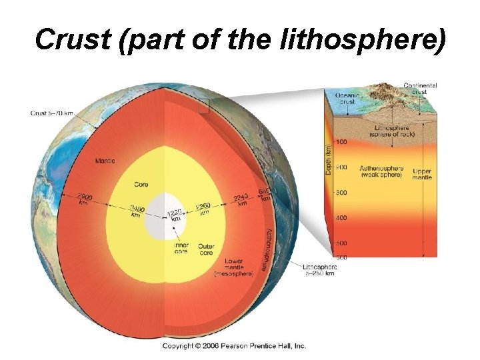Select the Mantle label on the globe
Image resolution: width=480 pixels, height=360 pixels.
pos(105,161)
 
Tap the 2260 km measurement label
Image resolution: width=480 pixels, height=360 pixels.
pos(203,209)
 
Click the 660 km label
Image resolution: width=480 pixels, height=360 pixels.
pos(265,194)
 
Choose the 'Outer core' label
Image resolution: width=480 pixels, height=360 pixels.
pos(206,249)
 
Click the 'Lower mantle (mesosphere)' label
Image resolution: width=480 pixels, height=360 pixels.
pos(231,267)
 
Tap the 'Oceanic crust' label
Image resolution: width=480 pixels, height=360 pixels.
pos(347,99)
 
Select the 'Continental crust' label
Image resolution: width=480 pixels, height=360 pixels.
pos(420,89)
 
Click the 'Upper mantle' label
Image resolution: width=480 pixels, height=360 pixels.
pos(422,175)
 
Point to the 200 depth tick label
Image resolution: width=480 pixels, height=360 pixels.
pos(341,167)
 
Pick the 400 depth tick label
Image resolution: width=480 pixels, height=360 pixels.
pos(341,218)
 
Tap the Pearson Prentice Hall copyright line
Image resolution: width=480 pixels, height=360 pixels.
pos(234,346)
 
